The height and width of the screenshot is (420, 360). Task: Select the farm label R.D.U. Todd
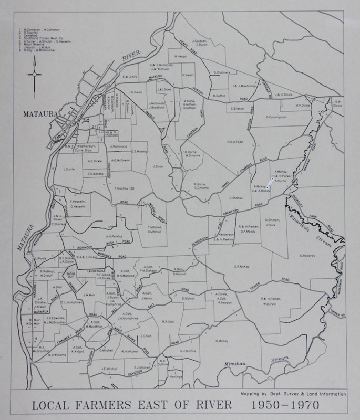point(234,141)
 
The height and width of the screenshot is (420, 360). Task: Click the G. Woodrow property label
point(307,256)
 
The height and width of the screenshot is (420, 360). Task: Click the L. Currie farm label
point(70,169)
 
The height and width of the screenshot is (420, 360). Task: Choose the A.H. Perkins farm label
point(114,236)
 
